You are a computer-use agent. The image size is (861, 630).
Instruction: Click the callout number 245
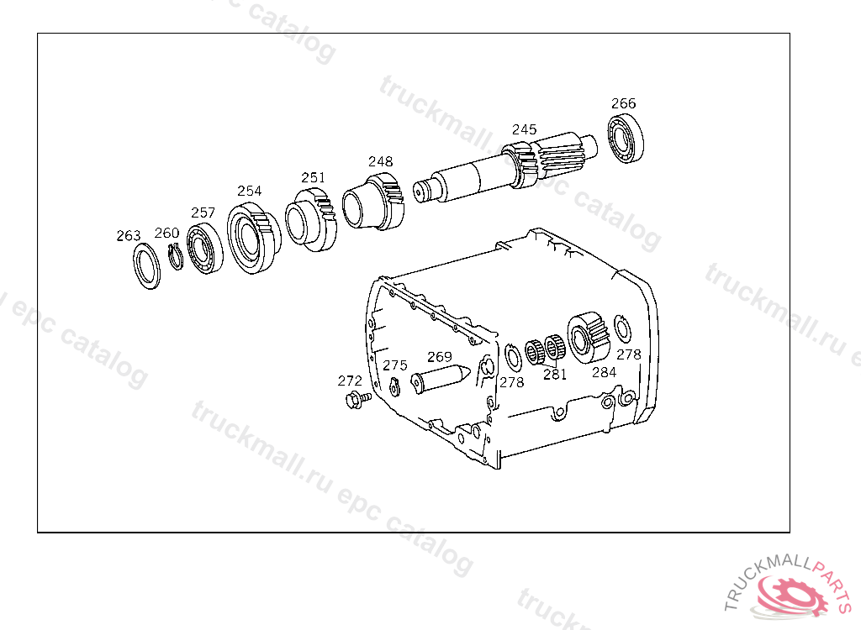(524, 129)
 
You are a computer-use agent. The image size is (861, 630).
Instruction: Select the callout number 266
(623, 103)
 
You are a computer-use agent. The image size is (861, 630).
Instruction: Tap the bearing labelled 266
(626, 138)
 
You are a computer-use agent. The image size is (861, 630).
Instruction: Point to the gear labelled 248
(373, 201)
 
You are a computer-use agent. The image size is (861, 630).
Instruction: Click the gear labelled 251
(311, 219)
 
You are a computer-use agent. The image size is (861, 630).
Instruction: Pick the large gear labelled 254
(253, 238)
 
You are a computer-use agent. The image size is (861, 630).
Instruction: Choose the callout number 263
(129, 235)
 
